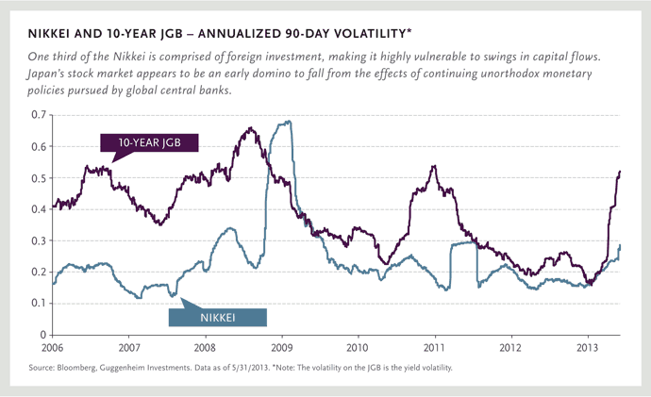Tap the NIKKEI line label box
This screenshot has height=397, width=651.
pos(224,319)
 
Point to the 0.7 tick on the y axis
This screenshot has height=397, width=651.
pos(39,115)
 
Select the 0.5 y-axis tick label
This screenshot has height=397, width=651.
pos(39,178)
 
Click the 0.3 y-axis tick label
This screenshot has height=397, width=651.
pos(39,240)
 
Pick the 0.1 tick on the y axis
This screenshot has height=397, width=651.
pos(39,303)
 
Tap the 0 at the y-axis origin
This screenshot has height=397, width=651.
pos(43,335)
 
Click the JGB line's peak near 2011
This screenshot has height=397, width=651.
pos(433,167)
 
